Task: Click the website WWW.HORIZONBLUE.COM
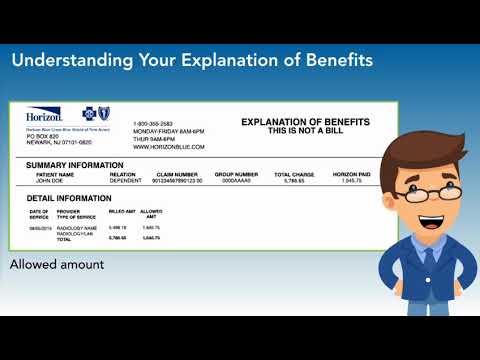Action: (x=169, y=146)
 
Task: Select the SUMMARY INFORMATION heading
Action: (x=75, y=165)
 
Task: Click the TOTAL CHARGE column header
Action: (x=294, y=175)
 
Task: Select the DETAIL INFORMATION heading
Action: (x=69, y=198)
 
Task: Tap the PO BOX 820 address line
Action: (x=42, y=135)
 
